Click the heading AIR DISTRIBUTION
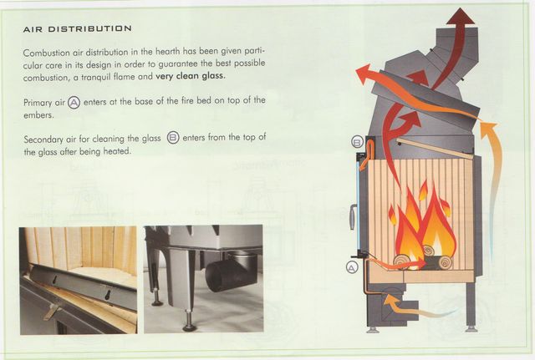click(x=77, y=29)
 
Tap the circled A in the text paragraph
click(x=74, y=102)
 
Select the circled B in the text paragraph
click(x=173, y=137)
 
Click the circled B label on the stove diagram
click(x=357, y=142)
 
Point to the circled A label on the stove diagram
click(x=352, y=267)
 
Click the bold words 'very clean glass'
click(x=190, y=76)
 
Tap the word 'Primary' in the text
click(x=38, y=103)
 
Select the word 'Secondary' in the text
click(x=43, y=139)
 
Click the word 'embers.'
click(x=38, y=115)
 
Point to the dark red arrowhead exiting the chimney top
click(x=461, y=16)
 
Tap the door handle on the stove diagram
click(x=353, y=217)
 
